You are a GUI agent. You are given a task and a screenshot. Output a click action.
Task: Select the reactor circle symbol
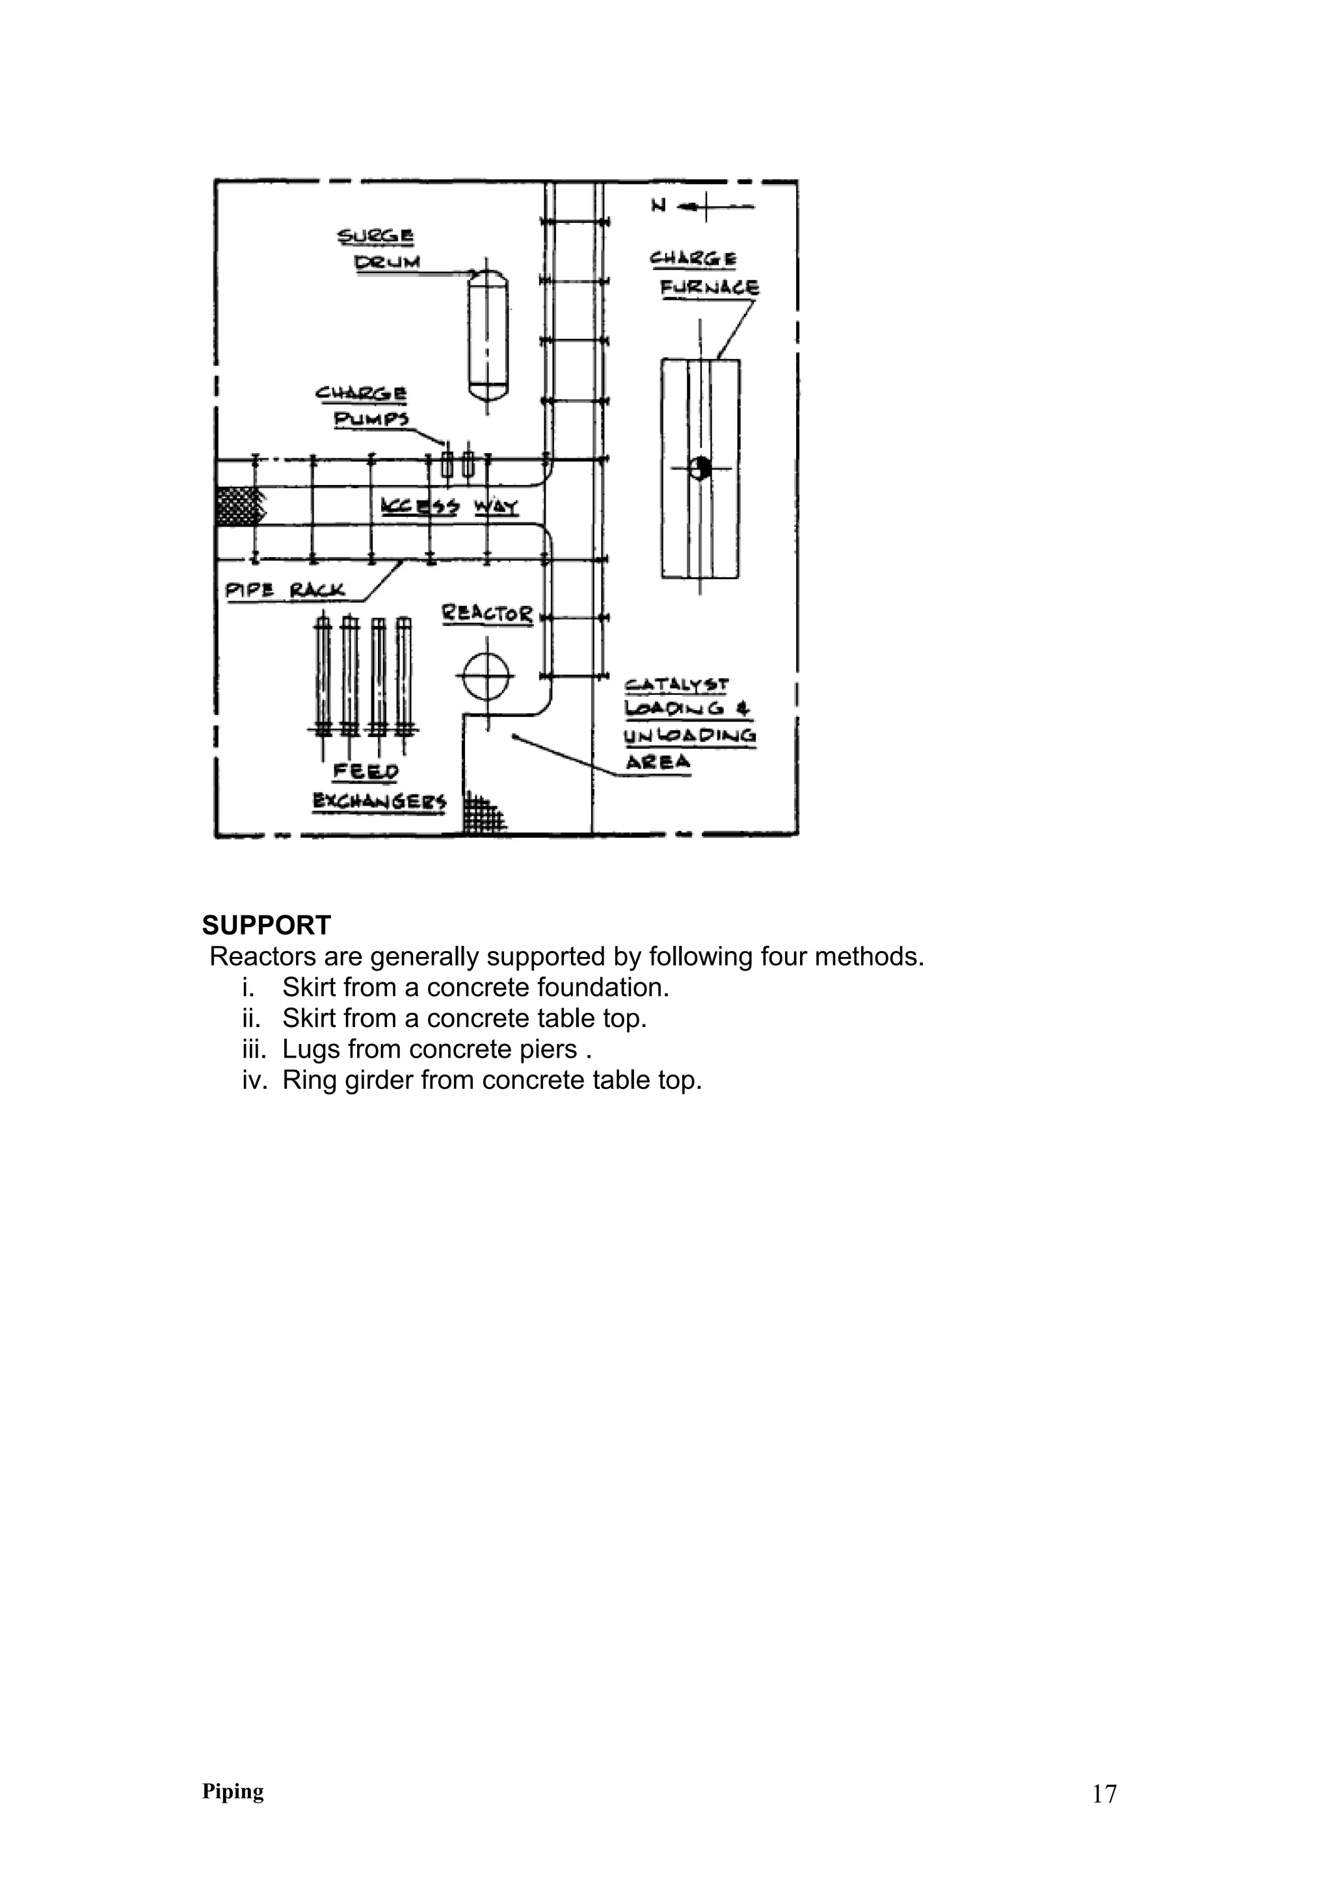pyautogui.click(x=486, y=676)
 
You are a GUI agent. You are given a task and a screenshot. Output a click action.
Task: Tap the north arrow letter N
pyautogui.click(x=658, y=206)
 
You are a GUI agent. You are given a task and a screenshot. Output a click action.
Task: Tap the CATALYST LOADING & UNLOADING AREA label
pyautogui.click(x=689, y=723)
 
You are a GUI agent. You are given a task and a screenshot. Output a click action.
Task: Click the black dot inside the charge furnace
pyautogui.click(x=699, y=467)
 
